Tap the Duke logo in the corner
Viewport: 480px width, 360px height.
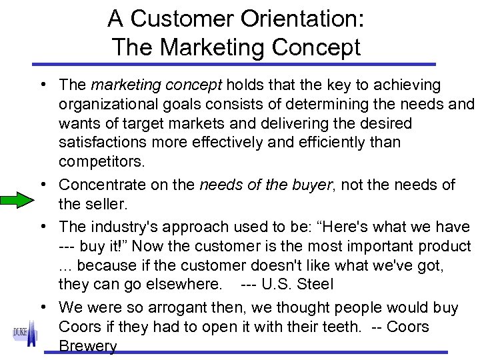25,333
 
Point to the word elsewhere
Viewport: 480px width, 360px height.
183,285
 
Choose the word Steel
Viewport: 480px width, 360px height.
315,285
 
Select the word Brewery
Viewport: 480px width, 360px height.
88,347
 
